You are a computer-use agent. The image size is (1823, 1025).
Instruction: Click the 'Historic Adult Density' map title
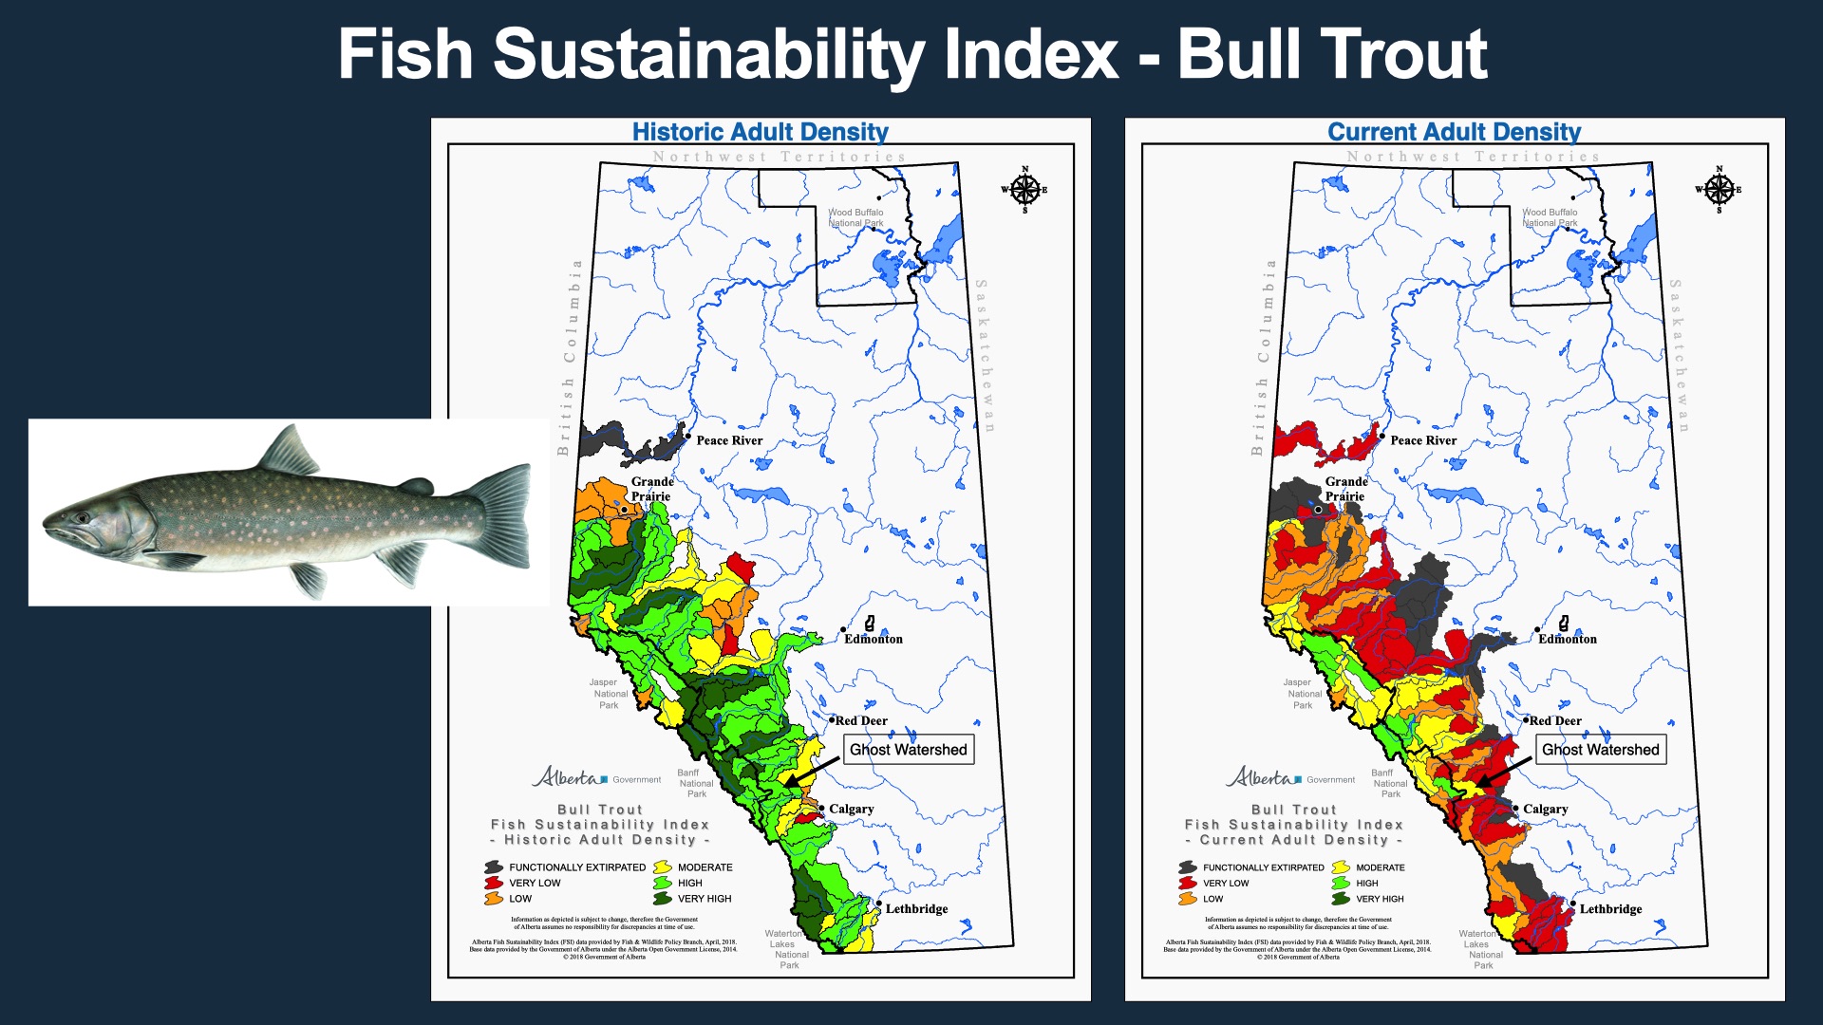pyautogui.click(x=761, y=132)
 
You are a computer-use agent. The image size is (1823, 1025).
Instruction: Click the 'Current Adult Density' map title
pyautogui.click(x=1454, y=132)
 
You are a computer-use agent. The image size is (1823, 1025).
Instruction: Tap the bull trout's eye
pyautogui.click(x=84, y=518)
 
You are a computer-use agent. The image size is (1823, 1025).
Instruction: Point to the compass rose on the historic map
pyautogui.click(x=1024, y=190)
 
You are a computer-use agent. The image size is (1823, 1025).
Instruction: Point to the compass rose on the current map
pyautogui.click(x=1719, y=190)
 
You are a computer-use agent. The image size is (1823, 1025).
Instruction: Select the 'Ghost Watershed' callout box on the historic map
pyautogui.click(x=908, y=750)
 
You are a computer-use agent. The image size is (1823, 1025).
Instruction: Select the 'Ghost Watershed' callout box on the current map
pyautogui.click(x=1601, y=750)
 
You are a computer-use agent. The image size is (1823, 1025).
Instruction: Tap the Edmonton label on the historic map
pyautogui.click(x=874, y=639)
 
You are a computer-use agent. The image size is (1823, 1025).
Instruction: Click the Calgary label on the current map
pyautogui.click(x=1545, y=810)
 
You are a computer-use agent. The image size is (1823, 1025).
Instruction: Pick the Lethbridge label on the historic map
pyautogui.click(x=916, y=909)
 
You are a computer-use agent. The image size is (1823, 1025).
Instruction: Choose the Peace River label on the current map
pyautogui.click(x=1423, y=440)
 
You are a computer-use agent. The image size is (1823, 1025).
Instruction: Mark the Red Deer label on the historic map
pyautogui.click(x=861, y=721)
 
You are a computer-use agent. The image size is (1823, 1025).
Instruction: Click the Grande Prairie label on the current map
pyautogui.click(x=1345, y=489)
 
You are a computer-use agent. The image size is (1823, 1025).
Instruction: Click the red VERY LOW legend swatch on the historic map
pyautogui.click(x=494, y=883)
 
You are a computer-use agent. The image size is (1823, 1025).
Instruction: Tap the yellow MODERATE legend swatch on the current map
pyautogui.click(x=1341, y=867)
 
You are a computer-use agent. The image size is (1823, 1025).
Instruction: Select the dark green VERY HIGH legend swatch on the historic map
pyautogui.click(x=663, y=899)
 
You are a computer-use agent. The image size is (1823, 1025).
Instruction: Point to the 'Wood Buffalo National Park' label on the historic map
pyautogui.click(x=855, y=218)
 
